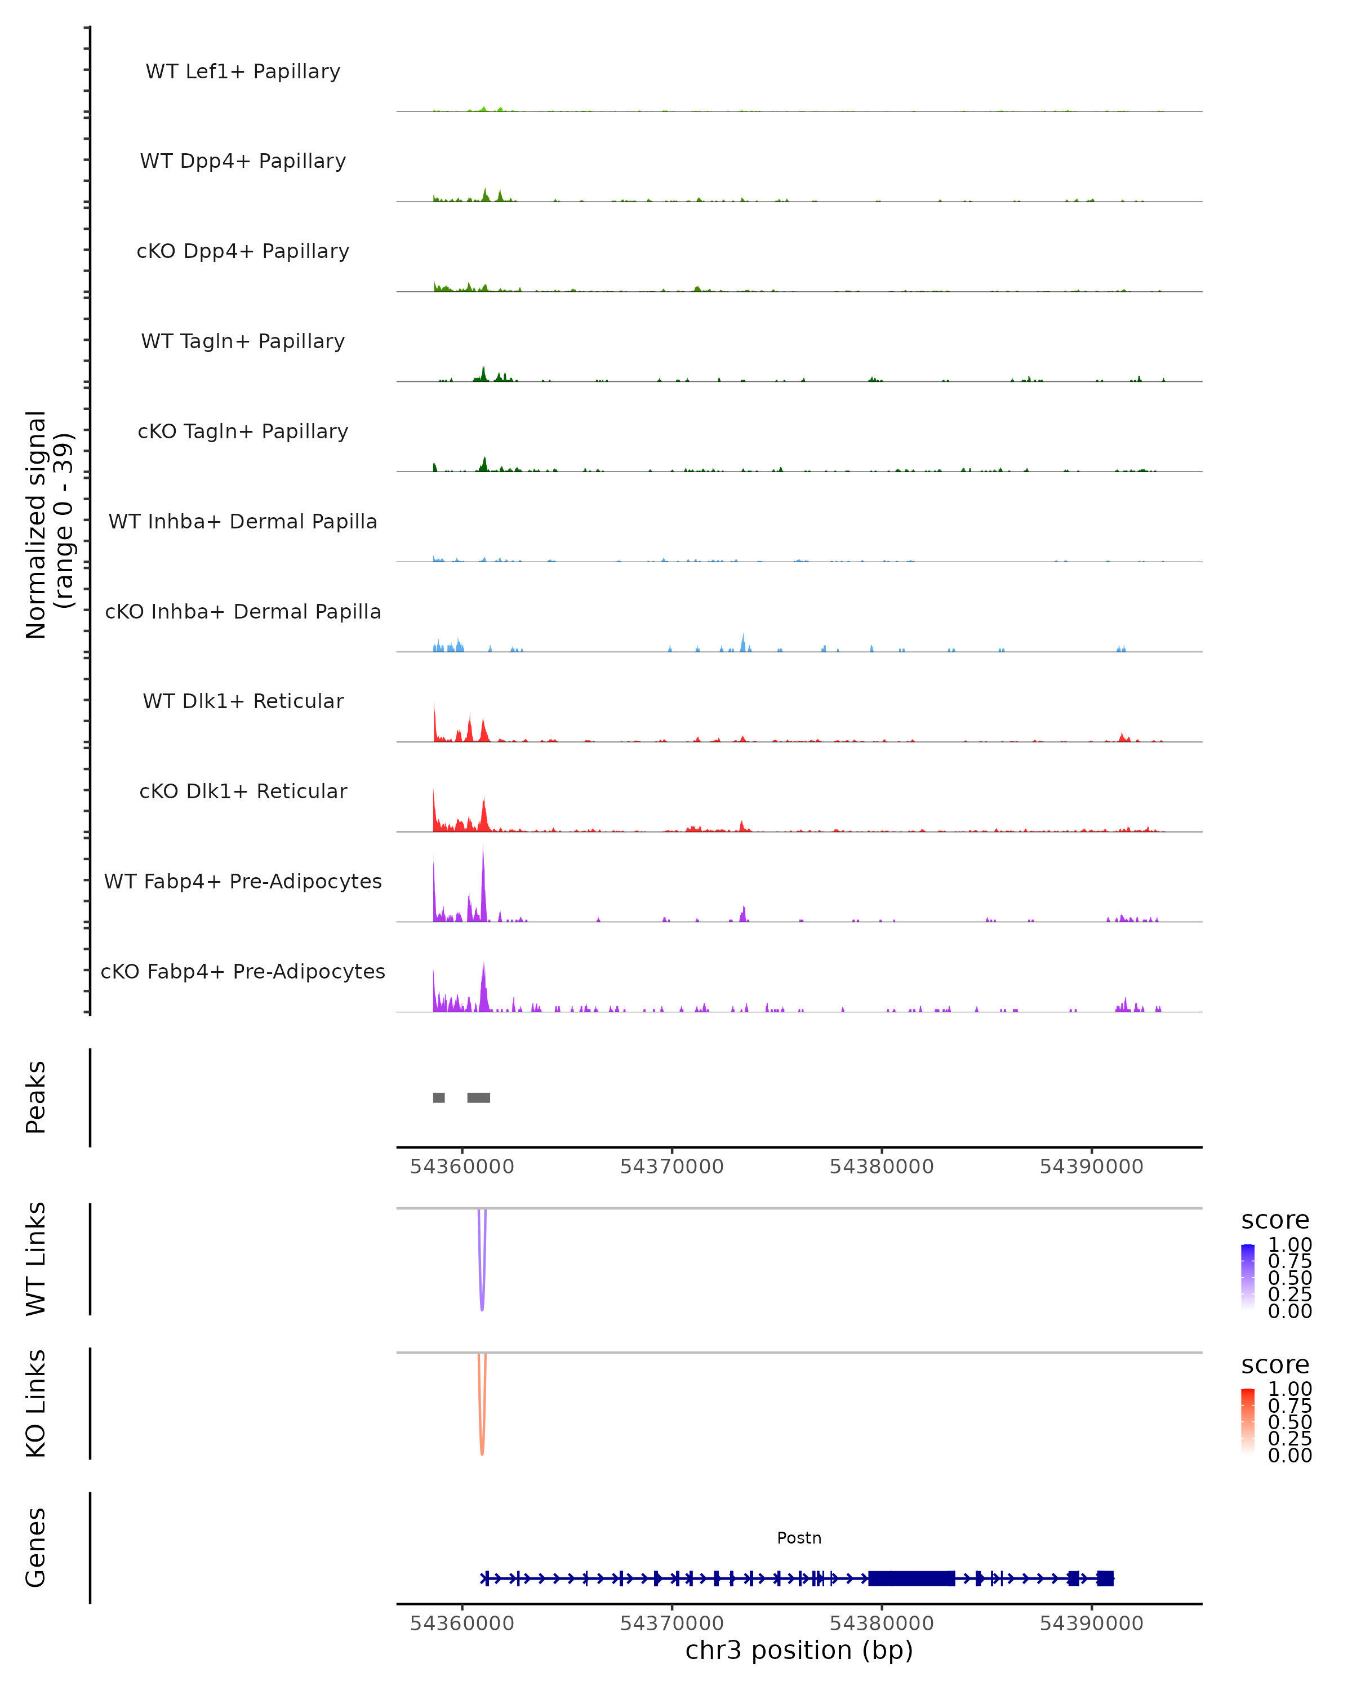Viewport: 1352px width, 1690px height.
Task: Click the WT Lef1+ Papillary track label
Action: coord(243,72)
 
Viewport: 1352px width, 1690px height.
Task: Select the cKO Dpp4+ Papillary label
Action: coord(243,251)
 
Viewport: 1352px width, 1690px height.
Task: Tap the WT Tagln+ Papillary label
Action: coord(243,341)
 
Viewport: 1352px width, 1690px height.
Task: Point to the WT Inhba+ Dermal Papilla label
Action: coord(243,521)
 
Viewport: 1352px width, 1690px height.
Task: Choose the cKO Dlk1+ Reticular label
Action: coord(243,791)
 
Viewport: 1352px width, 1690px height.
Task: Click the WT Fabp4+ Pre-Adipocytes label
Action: coord(243,881)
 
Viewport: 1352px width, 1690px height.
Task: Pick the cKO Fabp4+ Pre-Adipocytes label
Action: coord(243,971)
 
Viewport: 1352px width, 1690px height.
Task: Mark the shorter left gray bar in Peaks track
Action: coord(439,1097)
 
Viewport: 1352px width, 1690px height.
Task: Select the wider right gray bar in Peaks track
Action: coord(479,1097)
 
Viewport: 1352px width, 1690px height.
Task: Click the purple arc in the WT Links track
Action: coord(482,1286)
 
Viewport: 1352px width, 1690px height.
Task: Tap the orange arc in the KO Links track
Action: coord(482,1430)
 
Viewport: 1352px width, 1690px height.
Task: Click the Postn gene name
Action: coord(799,1538)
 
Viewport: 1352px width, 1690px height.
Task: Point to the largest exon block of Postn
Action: coord(911,1578)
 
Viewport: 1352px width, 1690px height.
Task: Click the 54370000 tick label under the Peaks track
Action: coord(671,1167)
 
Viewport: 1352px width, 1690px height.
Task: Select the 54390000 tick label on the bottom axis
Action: coord(1091,1624)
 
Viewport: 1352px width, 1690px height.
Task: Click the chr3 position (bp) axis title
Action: coord(799,1651)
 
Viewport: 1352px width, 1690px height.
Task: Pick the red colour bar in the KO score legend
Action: coord(1248,1421)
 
